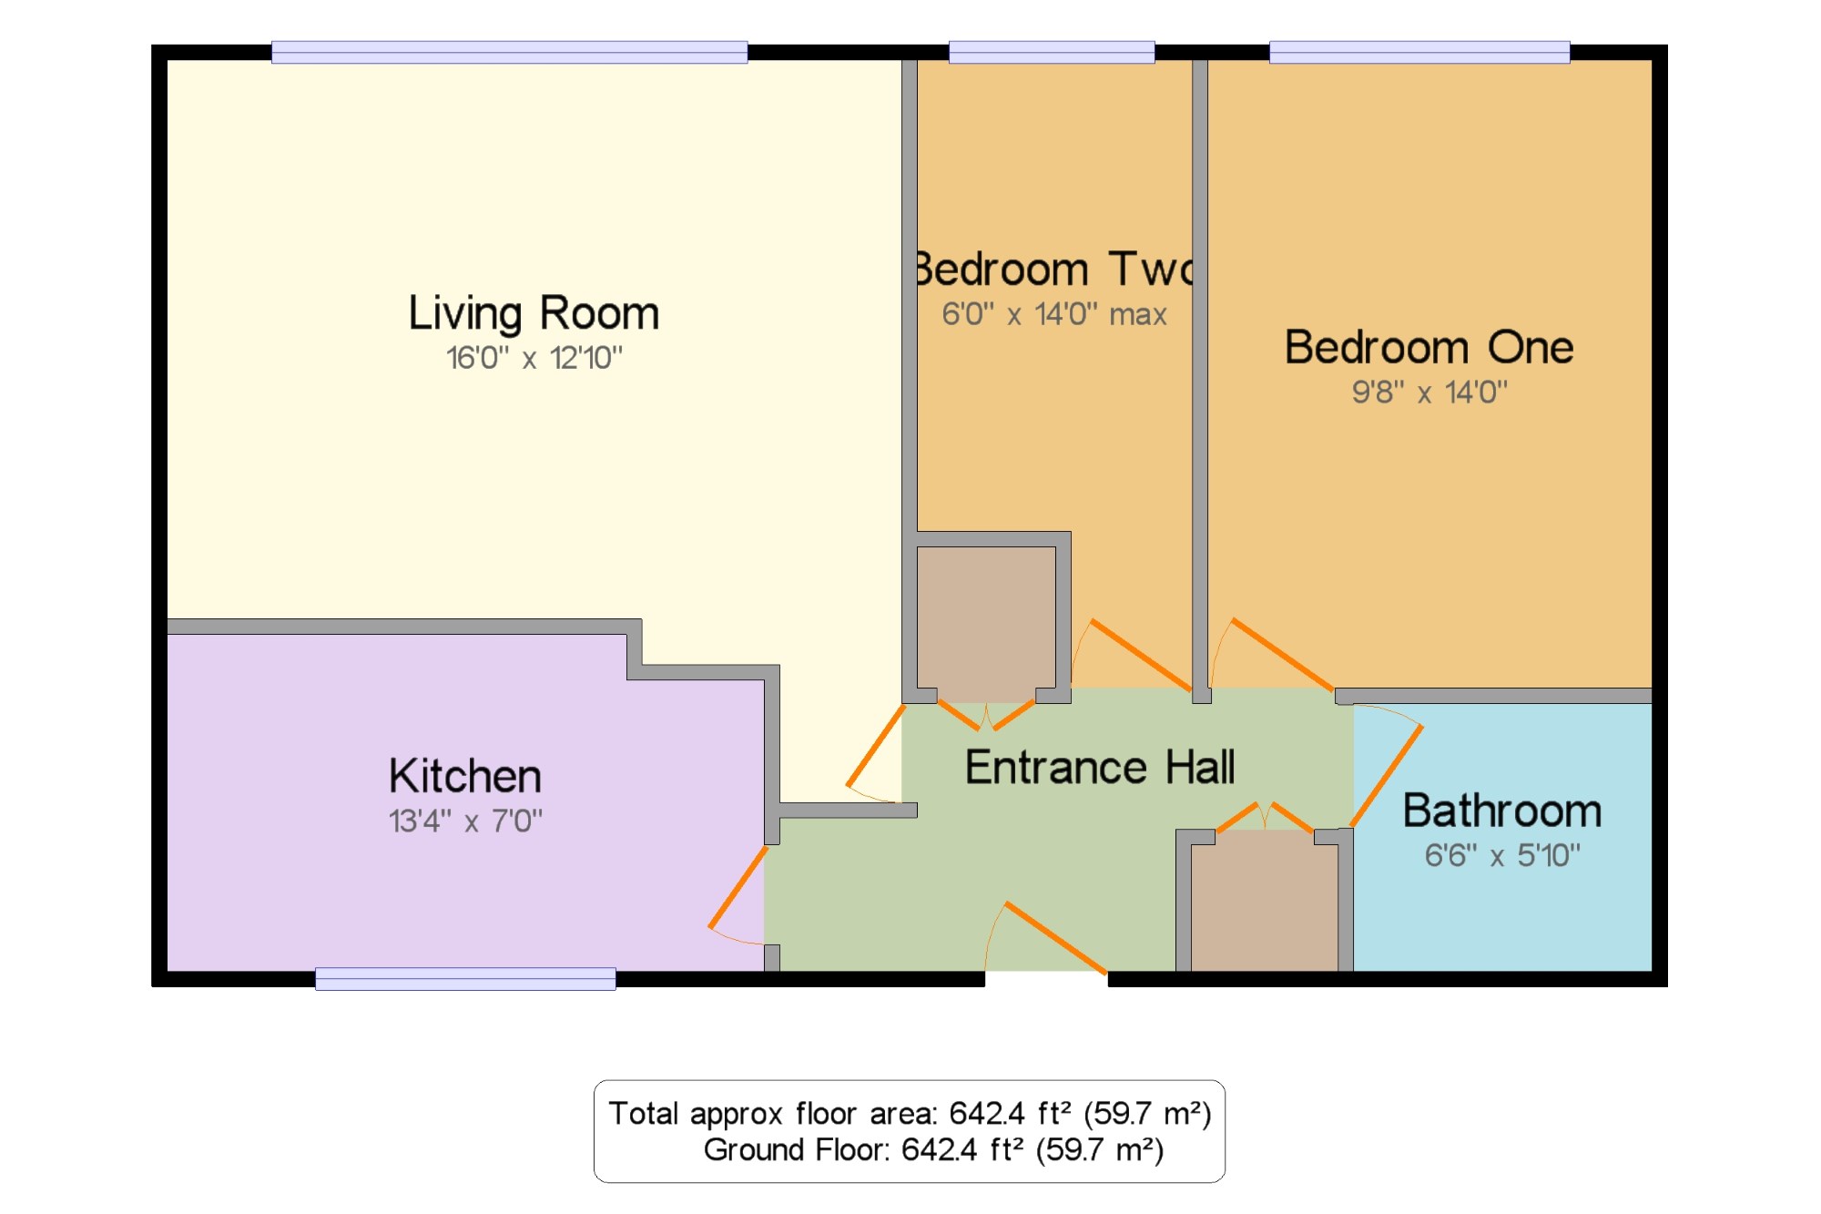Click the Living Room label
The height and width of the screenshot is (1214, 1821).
pos(534,314)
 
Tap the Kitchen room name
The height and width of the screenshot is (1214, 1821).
pos(465,776)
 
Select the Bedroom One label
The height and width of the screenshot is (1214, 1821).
pos(1429,347)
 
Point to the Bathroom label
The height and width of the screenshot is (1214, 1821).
pos(1502,811)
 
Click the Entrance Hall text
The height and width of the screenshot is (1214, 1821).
pos(1100,767)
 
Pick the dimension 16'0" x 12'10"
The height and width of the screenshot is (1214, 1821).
pos(534,358)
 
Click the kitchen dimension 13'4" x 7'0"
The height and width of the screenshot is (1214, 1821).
pos(465,821)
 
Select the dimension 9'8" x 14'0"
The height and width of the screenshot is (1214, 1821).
pos(1429,393)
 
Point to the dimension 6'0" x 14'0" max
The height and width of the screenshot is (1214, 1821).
pos(1054,314)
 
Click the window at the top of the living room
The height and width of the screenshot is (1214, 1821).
pos(510,52)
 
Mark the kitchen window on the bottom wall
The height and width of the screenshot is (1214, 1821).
pos(465,979)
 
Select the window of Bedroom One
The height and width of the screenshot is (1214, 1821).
pos(1419,52)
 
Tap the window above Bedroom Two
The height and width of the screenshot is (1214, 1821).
pos(1052,52)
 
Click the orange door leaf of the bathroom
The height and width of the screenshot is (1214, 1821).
pos(1387,776)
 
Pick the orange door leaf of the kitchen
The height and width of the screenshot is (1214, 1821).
pos(738,888)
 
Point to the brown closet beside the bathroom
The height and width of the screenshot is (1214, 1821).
pos(1265,901)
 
